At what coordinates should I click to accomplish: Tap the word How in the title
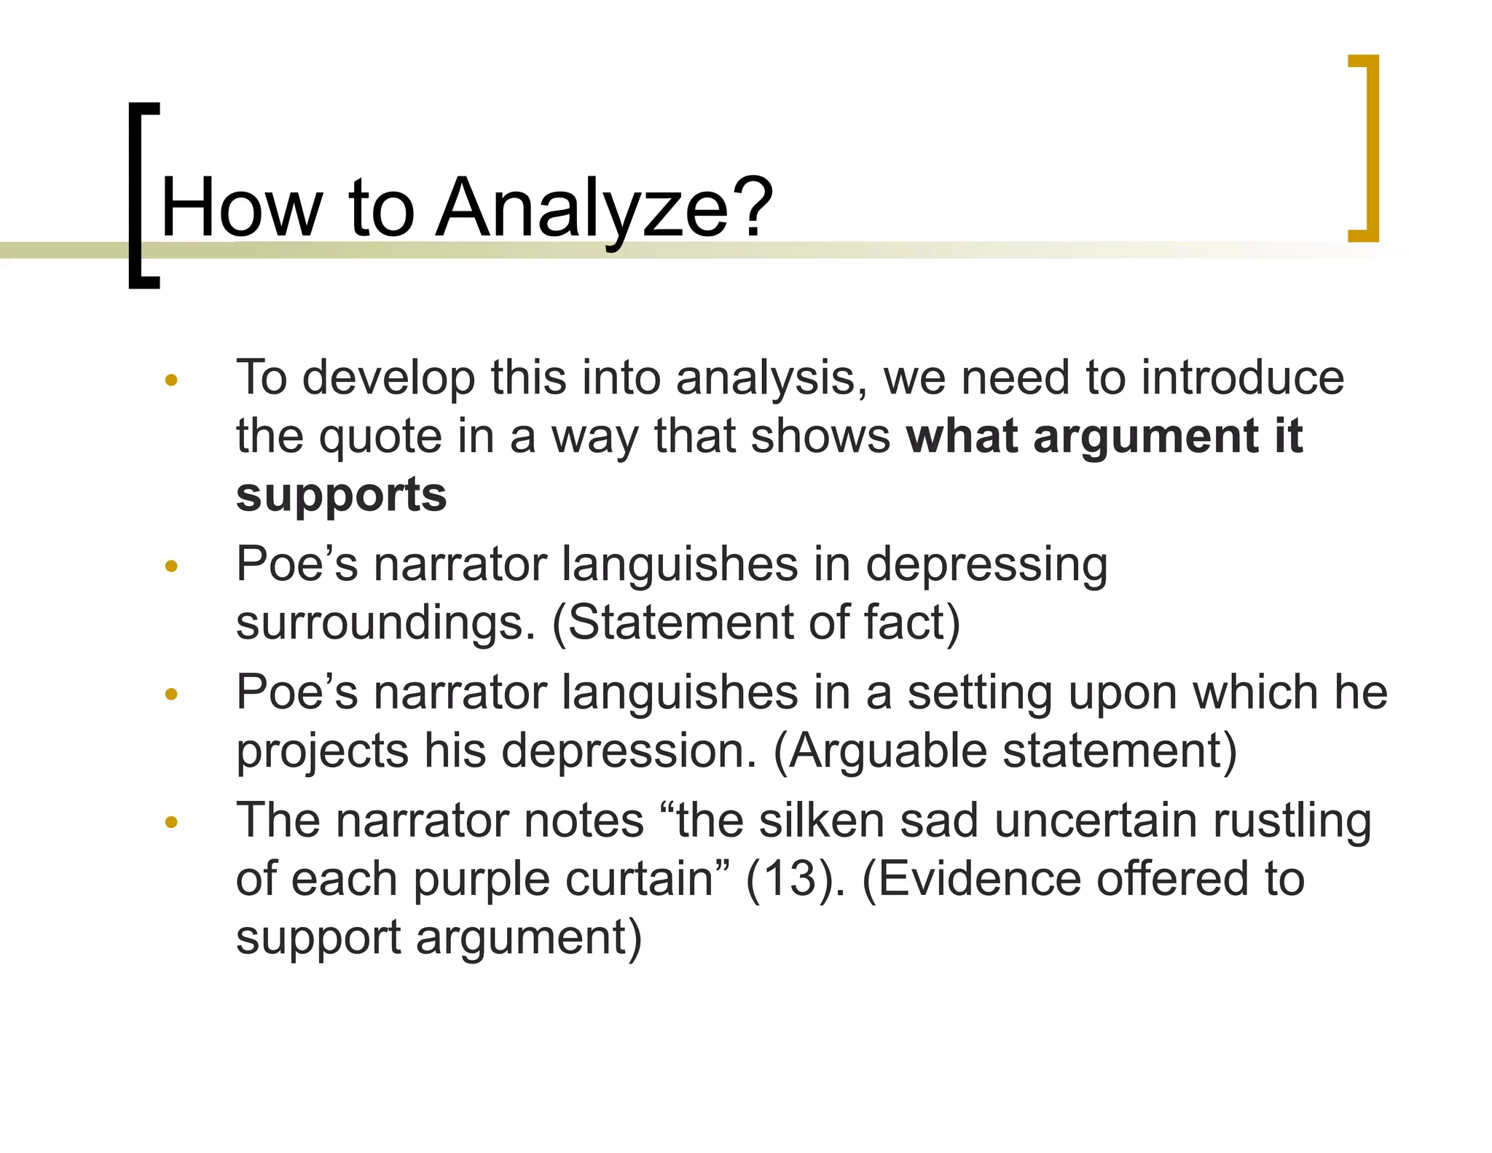coord(240,208)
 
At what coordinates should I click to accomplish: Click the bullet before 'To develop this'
coord(171,380)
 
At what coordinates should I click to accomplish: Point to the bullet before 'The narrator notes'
coord(171,823)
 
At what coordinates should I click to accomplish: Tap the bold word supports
coord(341,496)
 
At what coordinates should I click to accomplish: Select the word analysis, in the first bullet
coord(771,378)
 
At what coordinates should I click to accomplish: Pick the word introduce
coord(1242,378)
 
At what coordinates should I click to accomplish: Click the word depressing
coord(986,566)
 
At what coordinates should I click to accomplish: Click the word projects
coord(322,751)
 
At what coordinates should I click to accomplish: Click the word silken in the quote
coord(821,821)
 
